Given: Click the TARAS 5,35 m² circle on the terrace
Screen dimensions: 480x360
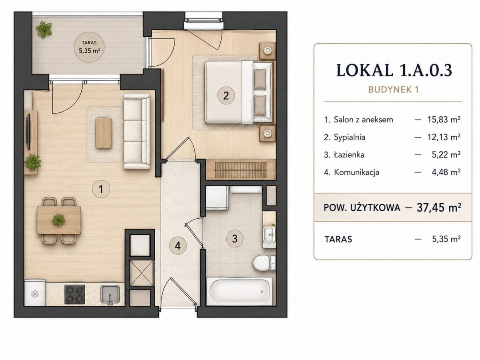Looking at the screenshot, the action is coord(89,47).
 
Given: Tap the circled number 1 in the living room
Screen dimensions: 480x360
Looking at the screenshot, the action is coord(101,189).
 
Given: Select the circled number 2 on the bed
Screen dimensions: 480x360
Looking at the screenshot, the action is coord(226,96).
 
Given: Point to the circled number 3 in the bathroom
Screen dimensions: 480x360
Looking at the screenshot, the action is coord(235,238).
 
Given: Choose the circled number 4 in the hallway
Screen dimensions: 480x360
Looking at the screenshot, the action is coord(178,246).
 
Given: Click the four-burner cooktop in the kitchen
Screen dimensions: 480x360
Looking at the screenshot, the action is coord(74,294).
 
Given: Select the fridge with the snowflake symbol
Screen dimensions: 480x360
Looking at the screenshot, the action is coord(35,292).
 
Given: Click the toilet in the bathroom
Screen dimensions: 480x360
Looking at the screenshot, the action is coord(264,263).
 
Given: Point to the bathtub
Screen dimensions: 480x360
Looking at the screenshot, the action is coord(240,291).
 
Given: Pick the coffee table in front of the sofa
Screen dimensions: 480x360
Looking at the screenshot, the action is coord(104,133).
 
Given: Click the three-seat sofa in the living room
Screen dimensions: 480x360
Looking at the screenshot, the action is coord(137,131).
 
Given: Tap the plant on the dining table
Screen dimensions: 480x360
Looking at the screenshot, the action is coord(59,220).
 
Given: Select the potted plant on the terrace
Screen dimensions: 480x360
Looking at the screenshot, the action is coord(44,30).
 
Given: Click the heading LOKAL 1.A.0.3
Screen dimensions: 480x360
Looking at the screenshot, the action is coord(394,70).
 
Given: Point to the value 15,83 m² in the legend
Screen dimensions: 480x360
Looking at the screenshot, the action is coord(444,120).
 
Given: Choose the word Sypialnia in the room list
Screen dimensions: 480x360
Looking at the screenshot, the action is coord(350,137).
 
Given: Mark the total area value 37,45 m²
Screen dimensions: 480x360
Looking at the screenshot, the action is coord(439,208).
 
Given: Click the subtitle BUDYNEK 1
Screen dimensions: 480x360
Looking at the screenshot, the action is coord(394,90).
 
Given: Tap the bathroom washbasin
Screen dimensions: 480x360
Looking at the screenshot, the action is coord(269,235).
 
